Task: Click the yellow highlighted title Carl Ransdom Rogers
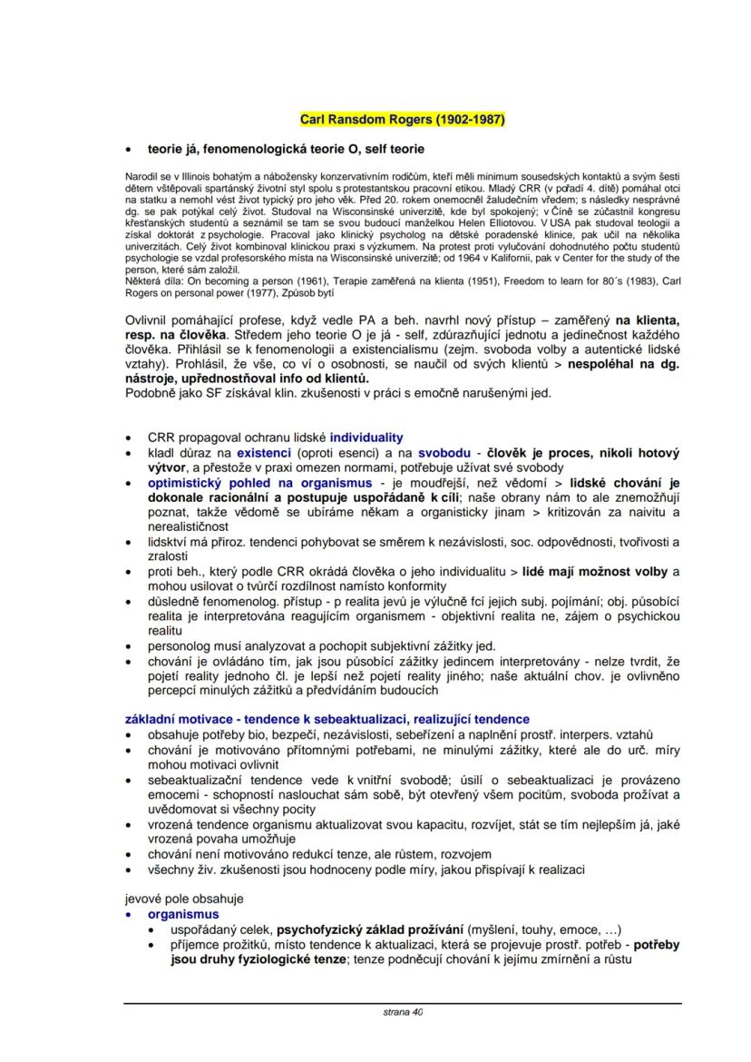[402, 119]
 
